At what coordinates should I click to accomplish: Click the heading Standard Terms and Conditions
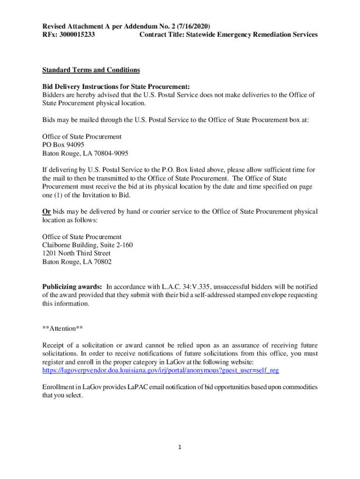(91, 70)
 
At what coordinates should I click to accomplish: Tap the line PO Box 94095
(63, 145)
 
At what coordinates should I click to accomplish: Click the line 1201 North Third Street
(76, 254)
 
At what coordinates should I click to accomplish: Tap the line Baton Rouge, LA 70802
(77, 262)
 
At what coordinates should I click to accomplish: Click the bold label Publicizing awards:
(72, 287)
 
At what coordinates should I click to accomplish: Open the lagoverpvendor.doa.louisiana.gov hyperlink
(160, 370)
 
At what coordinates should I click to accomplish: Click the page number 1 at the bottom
(180, 447)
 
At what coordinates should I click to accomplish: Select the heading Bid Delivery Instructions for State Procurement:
(116, 87)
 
